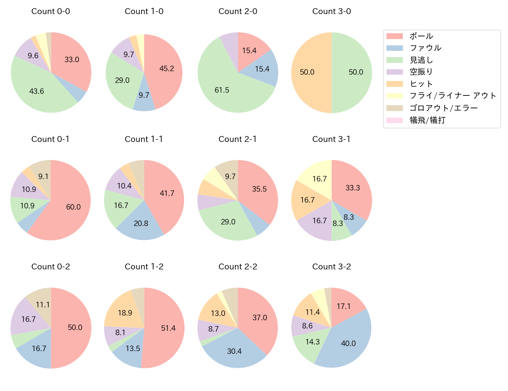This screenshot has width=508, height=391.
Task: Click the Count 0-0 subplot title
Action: coord(50,11)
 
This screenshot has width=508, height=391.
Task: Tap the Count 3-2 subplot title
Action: coord(331,267)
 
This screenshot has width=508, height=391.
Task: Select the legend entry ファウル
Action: coord(425,48)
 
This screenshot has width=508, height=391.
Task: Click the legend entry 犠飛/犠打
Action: coord(428,120)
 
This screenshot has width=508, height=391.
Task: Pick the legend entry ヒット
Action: coord(421,84)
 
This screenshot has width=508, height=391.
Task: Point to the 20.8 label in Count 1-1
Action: coord(141,224)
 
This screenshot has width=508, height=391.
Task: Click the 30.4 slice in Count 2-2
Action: coord(234,351)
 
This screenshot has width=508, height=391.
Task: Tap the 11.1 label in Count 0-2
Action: coord(43,305)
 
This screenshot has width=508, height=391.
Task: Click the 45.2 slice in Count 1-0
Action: coord(166,69)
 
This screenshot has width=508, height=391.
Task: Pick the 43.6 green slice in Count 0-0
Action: coord(37,91)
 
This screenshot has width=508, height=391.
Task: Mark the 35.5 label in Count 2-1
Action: coord(259,189)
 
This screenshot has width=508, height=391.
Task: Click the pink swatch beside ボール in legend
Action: coord(394,36)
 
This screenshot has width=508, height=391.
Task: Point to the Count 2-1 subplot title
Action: coord(238,139)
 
